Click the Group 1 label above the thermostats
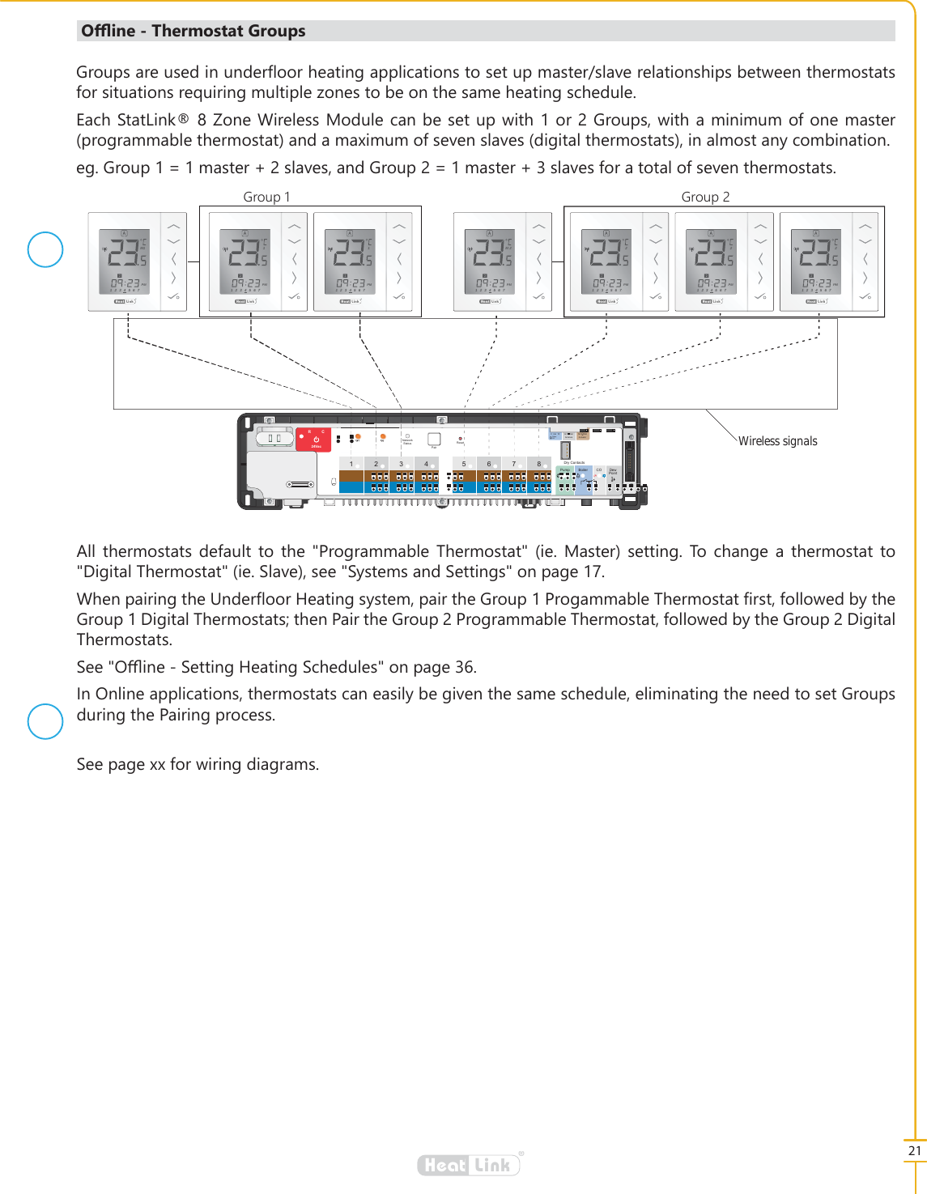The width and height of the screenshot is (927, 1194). point(266,197)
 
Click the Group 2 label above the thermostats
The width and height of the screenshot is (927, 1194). point(705,197)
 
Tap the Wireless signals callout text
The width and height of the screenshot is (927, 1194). point(777,441)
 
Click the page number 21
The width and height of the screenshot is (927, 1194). point(915,1150)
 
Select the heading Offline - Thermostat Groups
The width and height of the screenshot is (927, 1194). point(193,32)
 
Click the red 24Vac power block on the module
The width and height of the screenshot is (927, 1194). point(314,440)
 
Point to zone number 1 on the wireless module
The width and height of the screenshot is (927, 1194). point(351,464)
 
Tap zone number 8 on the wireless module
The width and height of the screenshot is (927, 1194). point(538,464)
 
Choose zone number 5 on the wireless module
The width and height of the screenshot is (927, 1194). point(464,464)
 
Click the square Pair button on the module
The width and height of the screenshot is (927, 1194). point(434,439)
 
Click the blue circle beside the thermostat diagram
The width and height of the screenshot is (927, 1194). point(45,249)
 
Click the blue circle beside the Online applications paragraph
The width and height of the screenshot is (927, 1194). point(45,721)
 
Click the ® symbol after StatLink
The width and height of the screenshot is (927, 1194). point(184,119)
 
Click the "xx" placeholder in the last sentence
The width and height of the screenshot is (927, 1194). point(157,764)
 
